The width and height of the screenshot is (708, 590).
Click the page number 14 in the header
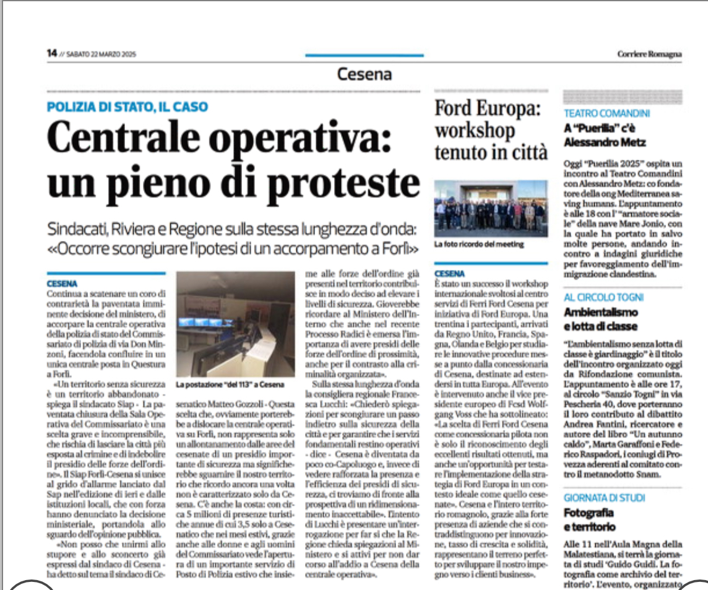pos(52,53)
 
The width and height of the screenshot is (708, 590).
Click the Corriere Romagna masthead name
pos(649,54)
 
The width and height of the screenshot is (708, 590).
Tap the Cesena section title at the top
pos(364,74)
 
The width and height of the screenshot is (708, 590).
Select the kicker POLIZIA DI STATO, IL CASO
pos(127,106)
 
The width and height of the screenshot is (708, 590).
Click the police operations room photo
pos(236,324)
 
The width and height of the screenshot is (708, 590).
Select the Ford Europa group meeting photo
pos(490,207)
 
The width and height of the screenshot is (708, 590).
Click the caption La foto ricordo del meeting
pos(478,244)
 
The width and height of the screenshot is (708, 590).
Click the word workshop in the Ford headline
pos(475,130)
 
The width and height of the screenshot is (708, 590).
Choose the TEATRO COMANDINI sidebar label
pos(607,113)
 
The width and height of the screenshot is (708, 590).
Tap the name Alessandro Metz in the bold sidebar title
pos(605,142)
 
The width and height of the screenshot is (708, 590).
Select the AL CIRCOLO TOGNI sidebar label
pos(604,297)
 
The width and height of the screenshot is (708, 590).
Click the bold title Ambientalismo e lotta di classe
pos(600,319)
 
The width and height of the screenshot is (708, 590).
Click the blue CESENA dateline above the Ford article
pos(449,273)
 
